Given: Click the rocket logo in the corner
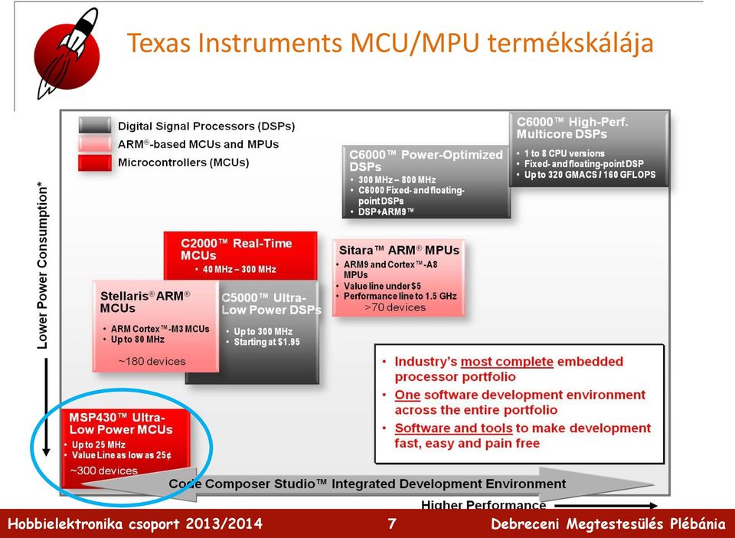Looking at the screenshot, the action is [x=67, y=54].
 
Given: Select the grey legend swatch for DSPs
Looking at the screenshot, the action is [x=95, y=126].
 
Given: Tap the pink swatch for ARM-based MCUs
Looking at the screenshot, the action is [x=95, y=144].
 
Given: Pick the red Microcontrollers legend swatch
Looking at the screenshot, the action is [x=95, y=162].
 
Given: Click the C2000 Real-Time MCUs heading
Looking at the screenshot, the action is [x=236, y=250].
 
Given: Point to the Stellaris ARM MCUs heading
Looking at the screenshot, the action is [x=145, y=302].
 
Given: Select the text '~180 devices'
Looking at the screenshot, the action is [x=152, y=362].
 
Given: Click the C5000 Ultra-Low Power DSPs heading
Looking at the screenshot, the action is [x=271, y=304].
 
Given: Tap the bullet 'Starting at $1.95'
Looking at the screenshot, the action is [x=266, y=343].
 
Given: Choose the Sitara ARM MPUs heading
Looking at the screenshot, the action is [x=399, y=251].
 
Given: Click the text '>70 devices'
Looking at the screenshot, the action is [x=395, y=307].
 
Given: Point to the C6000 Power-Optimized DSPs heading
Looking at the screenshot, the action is [x=426, y=161].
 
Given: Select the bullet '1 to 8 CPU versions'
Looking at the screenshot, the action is [x=564, y=153].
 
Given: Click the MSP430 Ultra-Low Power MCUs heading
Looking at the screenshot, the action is [x=121, y=424].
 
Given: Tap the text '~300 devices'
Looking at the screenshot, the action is [x=104, y=471].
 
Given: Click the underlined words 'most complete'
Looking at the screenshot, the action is [x=507, y=362].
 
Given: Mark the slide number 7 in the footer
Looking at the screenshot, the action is [x=392, y=523].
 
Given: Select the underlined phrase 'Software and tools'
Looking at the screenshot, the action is [x=453, y=428].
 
